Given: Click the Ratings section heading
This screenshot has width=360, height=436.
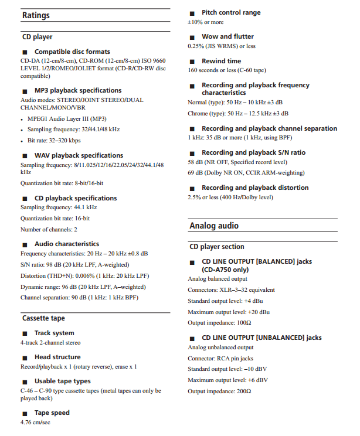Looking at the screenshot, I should (36, 16).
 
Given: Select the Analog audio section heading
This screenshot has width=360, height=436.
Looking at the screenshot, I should (213, 226).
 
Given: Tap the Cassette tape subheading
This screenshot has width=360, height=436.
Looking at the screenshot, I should (43, 318).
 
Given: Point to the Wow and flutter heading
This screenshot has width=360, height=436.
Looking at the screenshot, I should (227, 36).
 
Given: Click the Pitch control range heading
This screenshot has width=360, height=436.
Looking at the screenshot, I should (231, 12).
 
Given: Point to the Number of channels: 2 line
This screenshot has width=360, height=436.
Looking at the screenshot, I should (49, 229).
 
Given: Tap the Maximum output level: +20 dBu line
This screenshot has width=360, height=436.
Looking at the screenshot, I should (228, 312).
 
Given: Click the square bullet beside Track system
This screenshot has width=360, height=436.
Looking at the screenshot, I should (25, 333).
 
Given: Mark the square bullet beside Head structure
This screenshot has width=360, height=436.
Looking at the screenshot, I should (25, 357).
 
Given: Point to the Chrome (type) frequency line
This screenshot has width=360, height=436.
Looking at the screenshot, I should (237, 114).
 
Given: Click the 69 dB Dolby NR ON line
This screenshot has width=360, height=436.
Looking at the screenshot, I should (246, 173).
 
